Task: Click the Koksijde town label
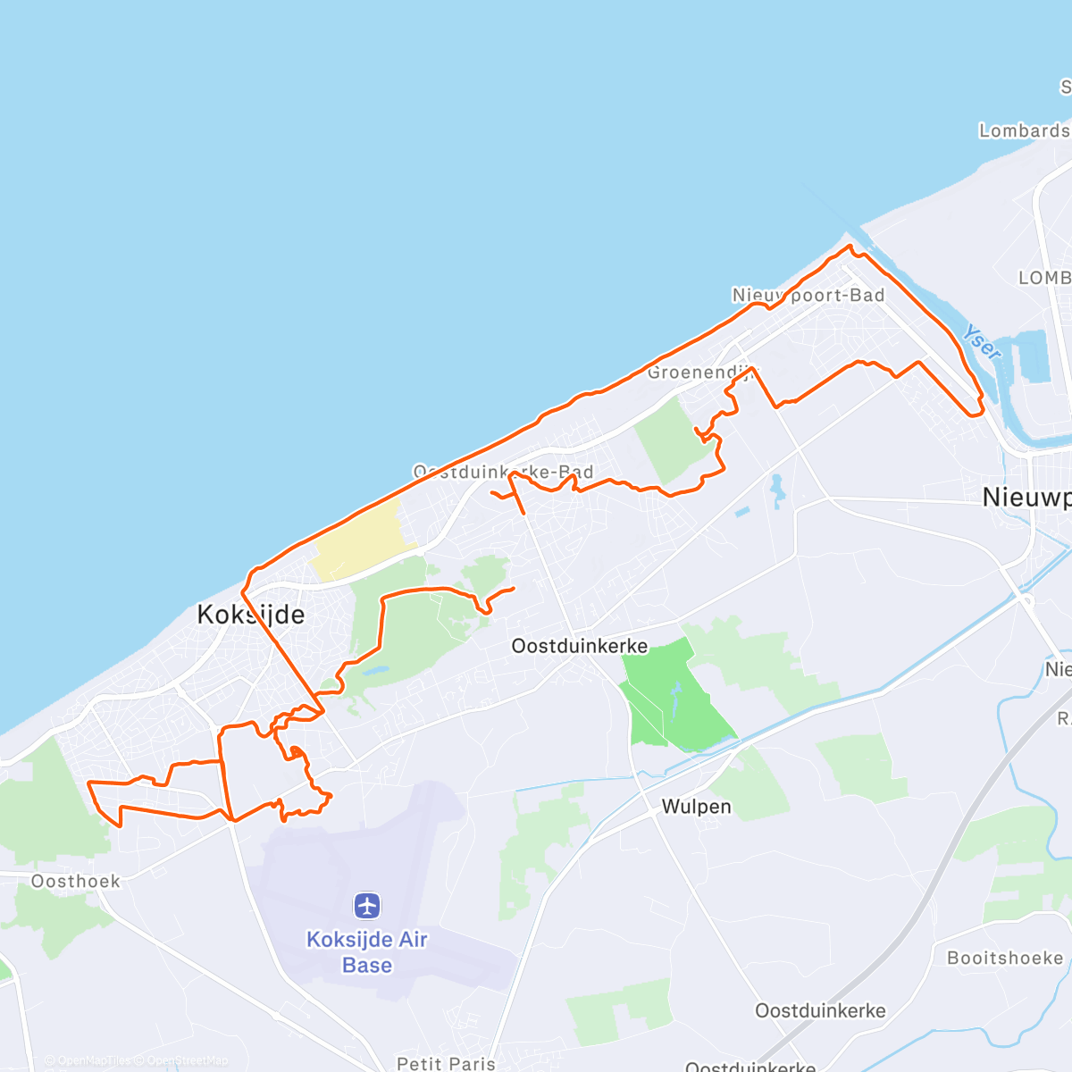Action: pyautogui.click(x=250, y=615)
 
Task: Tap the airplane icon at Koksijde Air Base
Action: pyautogui.click(x=367, y=905)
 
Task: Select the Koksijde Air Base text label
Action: pyautogui.click(x=367, y=952)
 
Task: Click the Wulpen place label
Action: pyautogui.click(x=696, y=807)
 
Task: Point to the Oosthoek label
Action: pyautogui.click(x=76, y=882)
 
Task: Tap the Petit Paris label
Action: pyautogui.click(x=446, y=1063)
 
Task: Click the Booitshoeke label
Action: pyautogui.click(x=1005, y=958)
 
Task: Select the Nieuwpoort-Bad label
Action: pyautogui.click(x=808, y=295)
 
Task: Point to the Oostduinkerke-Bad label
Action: pyautogui.click(x=503, y=472)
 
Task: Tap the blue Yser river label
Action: pyautogui.click(x=981, y=342)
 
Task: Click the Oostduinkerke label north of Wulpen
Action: pyautogui.click(x=580, y=645)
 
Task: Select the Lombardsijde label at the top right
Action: pyautogui.click(x=1025, y=130)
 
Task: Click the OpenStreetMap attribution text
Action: pyautogui.click(x=187, y=1060)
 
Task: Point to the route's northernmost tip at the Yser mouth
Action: pyautogui.click(x=850, y=246)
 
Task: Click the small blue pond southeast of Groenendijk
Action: pyautogui.click(x=776, y=490)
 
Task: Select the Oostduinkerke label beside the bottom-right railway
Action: pyautogui.click(x=820, y=1011)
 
